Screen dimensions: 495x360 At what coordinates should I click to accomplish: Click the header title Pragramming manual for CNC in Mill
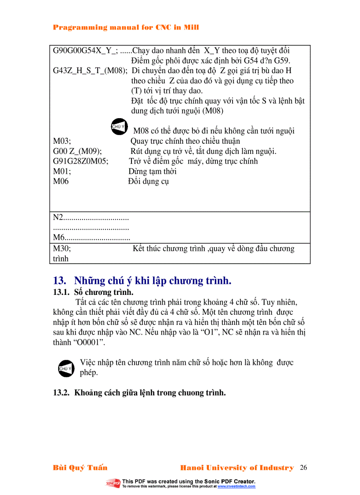(126, 27)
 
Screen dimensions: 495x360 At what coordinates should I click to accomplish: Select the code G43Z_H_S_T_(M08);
(90, 71)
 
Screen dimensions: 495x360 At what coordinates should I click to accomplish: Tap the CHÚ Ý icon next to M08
(117, 127)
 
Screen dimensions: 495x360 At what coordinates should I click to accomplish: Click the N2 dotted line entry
(90, 218)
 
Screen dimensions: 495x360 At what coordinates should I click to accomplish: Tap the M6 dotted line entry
(91, 238)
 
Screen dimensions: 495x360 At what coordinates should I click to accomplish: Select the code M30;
(62, 249)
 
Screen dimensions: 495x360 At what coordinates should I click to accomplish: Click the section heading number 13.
(59, 281)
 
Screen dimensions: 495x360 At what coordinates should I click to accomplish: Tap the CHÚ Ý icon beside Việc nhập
(65, 368)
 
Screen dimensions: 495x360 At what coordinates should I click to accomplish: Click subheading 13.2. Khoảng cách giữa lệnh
(139, 393)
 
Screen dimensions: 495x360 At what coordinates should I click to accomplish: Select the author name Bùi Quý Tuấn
(80, 468)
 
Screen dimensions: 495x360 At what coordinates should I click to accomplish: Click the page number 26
(303, 468)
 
